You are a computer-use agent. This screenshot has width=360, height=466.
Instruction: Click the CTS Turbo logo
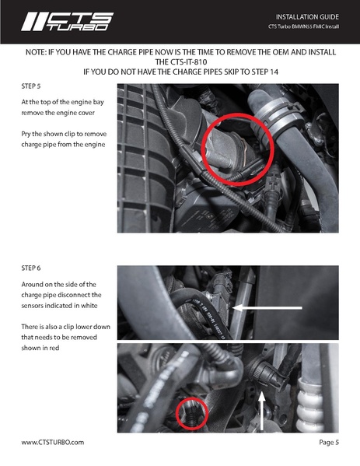[67, 22]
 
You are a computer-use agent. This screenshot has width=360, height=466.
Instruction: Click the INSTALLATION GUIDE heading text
[307, 17]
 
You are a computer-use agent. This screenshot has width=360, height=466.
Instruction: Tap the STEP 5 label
[31, 86]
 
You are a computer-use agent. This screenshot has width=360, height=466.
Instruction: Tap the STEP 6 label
[31, 268]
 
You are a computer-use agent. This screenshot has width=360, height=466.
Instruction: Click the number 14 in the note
[274, 72]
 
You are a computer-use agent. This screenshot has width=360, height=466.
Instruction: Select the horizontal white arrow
[267, 308]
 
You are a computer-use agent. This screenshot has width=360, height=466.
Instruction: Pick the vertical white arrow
[262, 411]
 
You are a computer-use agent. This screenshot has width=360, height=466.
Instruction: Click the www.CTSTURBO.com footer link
[53, 442]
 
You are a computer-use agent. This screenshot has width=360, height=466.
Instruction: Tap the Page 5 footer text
[329, 442]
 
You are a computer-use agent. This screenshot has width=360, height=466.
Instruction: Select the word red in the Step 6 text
[54, 348]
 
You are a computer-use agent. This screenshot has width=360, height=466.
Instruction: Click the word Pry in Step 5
[26, 134]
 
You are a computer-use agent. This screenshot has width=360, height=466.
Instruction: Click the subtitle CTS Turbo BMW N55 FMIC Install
[303, 26]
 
